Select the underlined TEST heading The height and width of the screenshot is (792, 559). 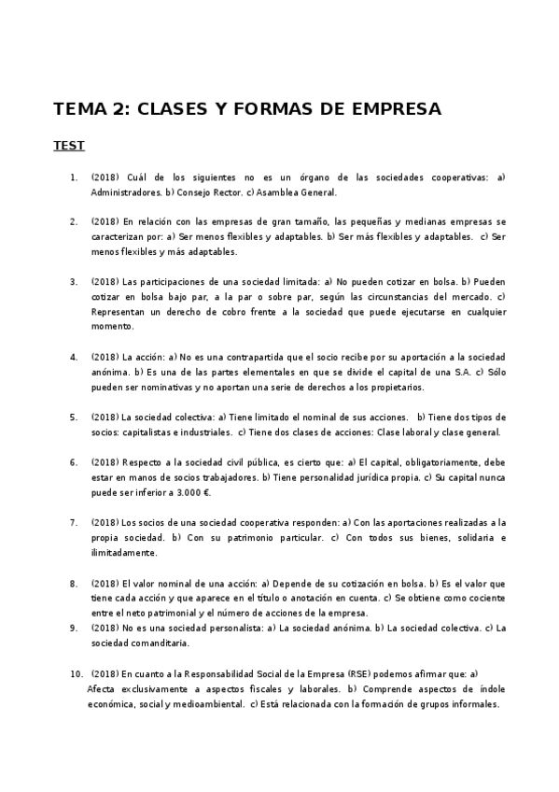tap(69, 146)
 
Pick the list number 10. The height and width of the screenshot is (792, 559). tap(77, 672)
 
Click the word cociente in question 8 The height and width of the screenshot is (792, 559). tap(486, 598)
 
